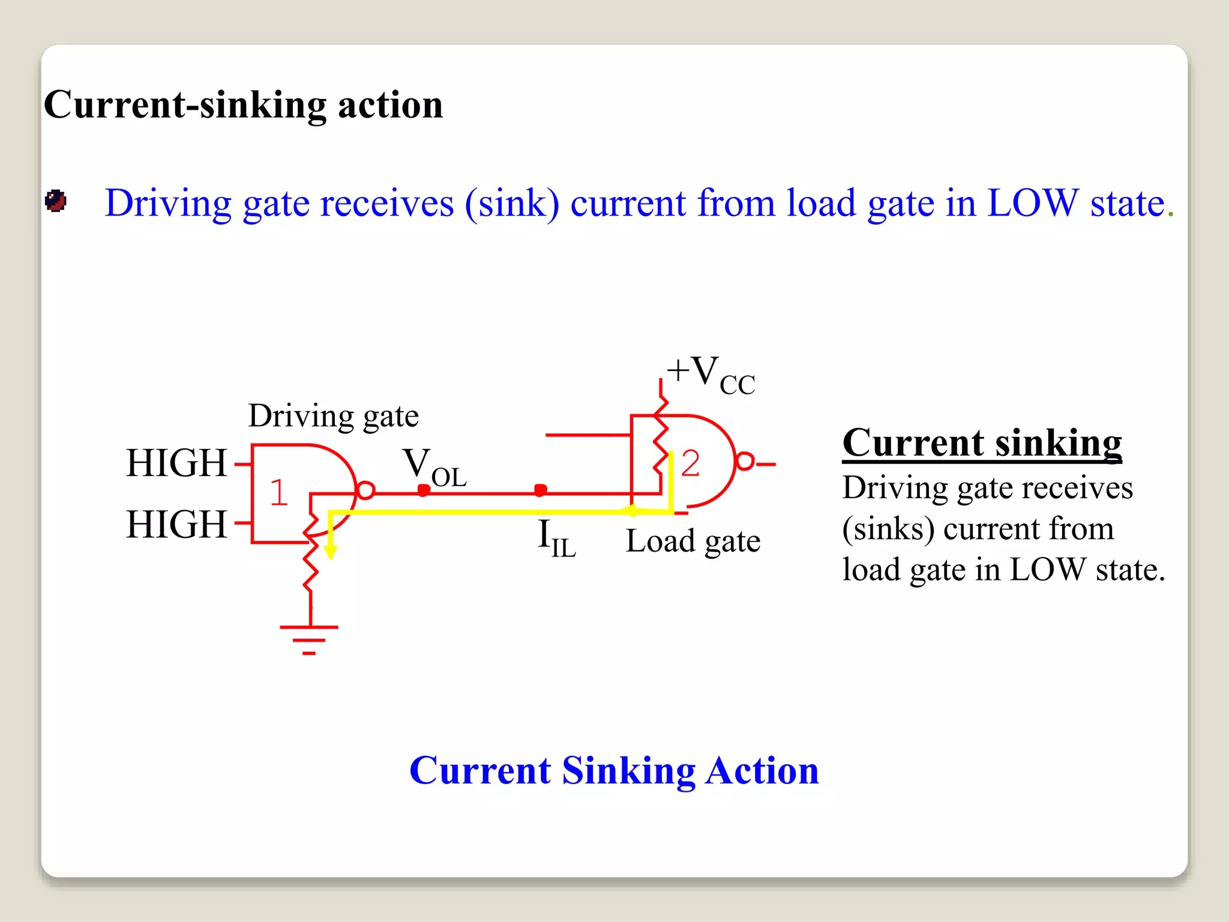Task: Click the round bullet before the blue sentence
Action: pos(56,201)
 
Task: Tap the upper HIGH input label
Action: pos(176,463)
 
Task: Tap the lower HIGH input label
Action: pos(176,525)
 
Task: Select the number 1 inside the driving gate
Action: pos(278,493)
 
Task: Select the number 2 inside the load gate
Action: pos(690,463)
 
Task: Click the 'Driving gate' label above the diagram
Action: pos(334,417)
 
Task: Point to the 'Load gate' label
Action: pos(693,541)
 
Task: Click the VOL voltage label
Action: pos(434,468)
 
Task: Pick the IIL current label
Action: pos(556,538)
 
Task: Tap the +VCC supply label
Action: pos(711,375)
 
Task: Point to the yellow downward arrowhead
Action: pos(330,552)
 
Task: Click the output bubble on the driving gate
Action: pos(365,490)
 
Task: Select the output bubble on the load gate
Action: pos(745,462)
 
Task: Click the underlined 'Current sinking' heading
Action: pos(982,444)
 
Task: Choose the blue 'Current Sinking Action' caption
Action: pos(614,771)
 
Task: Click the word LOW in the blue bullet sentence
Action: pos(1033,203)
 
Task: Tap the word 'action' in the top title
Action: pos(390,105)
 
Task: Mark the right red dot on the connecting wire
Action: pos(540,490)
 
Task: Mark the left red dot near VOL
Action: pos(424,490)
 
